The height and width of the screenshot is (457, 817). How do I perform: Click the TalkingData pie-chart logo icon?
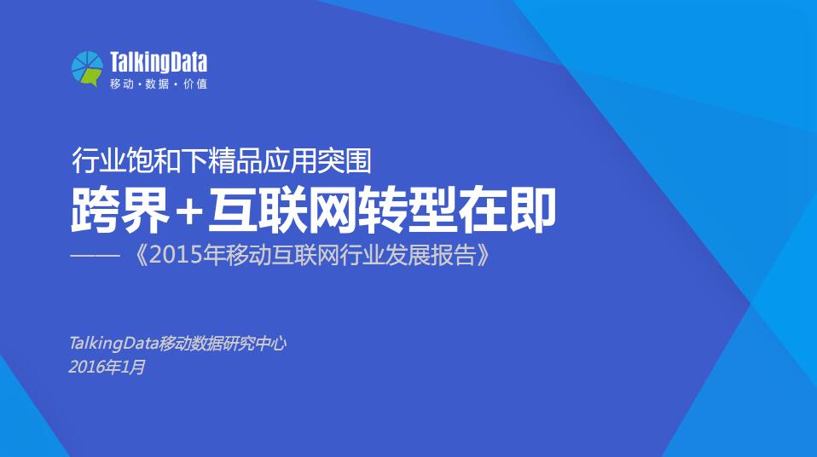click(x=87, y=68)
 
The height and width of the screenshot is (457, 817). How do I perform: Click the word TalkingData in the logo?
click(x=159, y=62)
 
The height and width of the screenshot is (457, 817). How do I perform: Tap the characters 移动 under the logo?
click(x=122, y=84)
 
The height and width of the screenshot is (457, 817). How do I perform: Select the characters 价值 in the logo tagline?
click(x=195, y=84)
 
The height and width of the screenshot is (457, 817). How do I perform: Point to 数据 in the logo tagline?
click(x=158, y=84)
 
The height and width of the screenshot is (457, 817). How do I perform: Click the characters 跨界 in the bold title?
click(x=120, y=211)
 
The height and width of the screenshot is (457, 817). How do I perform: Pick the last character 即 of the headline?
click(x=531, y=211)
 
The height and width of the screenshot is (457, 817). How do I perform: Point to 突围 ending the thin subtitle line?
click(x=349, y=161)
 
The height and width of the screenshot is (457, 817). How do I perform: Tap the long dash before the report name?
click(x=96, y=256)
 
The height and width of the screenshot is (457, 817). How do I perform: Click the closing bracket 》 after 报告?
click(x=483, y=255)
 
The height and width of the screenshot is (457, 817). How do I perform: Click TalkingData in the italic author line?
click(x=113, y=344)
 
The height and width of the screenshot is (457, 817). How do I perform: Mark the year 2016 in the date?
click(x=86, y=367)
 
